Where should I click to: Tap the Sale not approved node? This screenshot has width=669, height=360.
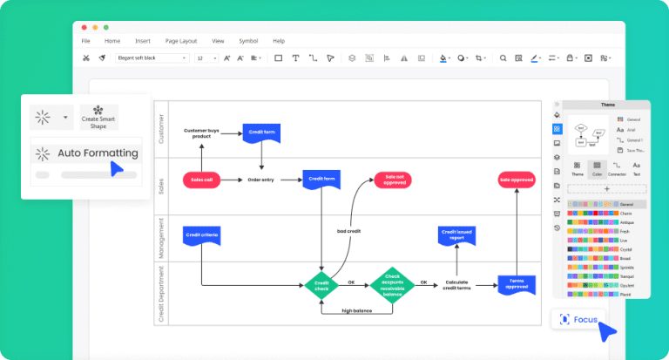pos(392,180)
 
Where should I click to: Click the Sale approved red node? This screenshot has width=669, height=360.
pos(516,180)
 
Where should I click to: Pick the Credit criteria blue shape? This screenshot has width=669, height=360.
pos(201,234)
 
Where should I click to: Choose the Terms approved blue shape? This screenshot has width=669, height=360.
pos(516,283)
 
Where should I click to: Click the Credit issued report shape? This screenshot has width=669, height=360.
pos(456,234)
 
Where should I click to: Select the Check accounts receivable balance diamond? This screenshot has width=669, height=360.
pos(392,283)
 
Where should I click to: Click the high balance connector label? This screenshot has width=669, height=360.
pos(356,311)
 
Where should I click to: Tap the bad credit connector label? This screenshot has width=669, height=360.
pos(349,231)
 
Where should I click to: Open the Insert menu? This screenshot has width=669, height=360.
pos(143,41)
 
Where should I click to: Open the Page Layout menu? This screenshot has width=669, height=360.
pos(181,41)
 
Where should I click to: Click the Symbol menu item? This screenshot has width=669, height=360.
pos(248,41)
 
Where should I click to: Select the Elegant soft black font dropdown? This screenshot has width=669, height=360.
pos(152,58)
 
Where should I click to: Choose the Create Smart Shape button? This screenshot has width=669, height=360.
pos(98,118)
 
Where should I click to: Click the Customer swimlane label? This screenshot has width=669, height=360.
pos(159,129)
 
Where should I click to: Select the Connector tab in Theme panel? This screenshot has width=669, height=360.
pos(617,169)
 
